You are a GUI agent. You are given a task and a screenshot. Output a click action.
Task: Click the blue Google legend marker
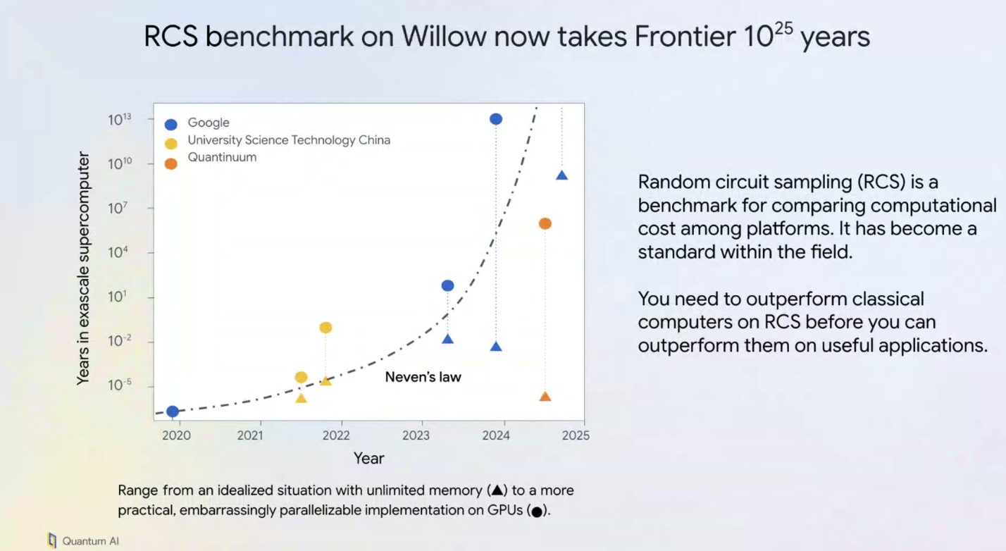point(170,124)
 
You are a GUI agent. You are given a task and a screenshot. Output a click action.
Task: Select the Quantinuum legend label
point(222,157)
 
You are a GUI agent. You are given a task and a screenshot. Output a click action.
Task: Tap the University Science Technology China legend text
point(289,140)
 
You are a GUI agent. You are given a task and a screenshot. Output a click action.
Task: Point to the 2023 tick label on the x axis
point(416,435)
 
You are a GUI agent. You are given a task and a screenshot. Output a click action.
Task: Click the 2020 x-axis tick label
point(177,435)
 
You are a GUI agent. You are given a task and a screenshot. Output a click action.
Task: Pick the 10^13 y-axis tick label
point(120,120)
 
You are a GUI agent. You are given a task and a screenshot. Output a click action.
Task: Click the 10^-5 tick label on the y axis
point(120,385)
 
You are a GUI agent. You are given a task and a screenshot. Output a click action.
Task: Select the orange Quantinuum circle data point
point(545,223)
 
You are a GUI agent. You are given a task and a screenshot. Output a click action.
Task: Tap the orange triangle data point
point(545,397)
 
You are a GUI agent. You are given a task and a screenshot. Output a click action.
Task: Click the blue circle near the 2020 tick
point(173,411)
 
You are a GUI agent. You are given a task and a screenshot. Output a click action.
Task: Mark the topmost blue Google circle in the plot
point(496,119)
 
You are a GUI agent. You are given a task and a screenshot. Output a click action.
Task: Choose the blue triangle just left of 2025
point(562,175)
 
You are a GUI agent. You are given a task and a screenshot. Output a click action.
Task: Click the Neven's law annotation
point(423,377)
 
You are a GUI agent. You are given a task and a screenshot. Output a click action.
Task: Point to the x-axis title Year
point(368,459)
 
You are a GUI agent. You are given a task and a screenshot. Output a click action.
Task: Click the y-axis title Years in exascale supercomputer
point(83,268)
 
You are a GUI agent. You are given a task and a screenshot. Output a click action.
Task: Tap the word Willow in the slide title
point(444,37)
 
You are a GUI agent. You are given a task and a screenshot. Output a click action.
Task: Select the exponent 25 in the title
point(783,29)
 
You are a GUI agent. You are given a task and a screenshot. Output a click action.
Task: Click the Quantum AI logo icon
point(52,540)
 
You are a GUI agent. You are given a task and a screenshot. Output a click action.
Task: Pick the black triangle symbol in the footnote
point(497,490)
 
